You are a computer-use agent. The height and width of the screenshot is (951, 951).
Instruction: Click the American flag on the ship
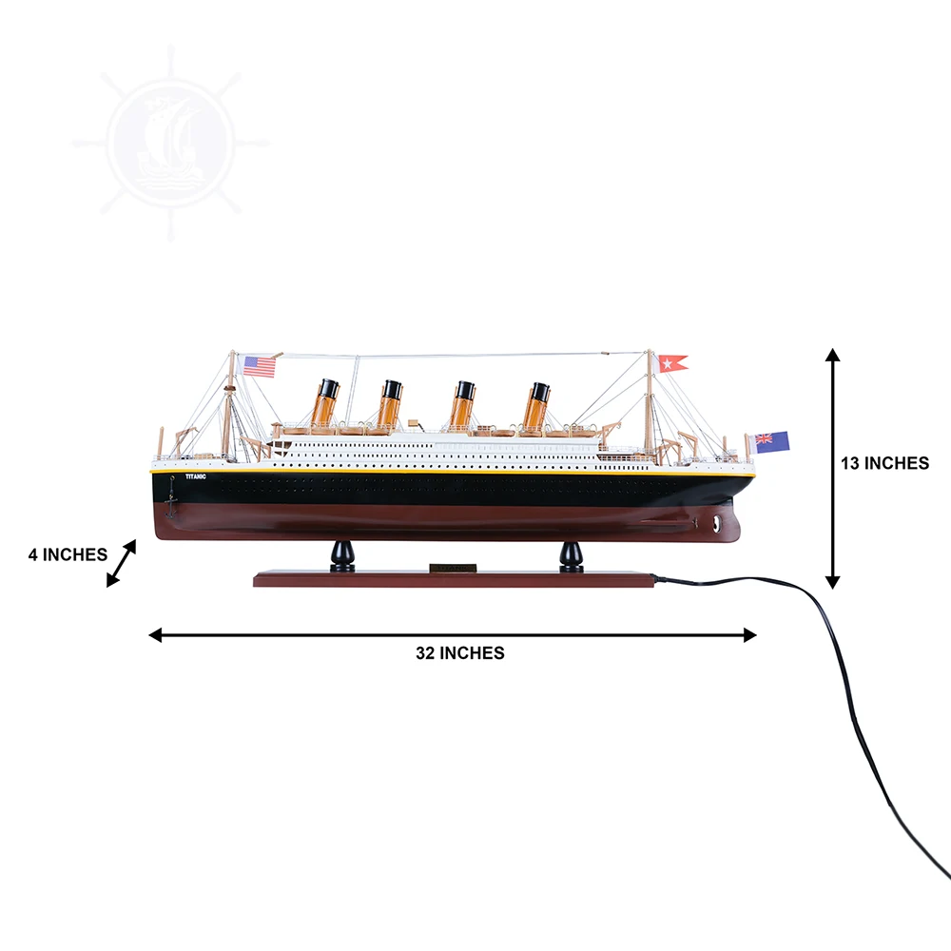click(259, 366)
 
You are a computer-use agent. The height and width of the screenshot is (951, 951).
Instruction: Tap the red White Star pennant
click(672, 362)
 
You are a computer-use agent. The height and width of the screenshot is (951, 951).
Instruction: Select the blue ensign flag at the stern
click(771, 441)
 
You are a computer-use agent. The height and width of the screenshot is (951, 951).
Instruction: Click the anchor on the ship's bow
click(171, 495)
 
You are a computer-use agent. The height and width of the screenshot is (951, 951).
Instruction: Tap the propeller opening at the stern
click(714, 521)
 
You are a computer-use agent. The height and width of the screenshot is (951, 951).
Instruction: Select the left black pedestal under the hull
click(342, 556)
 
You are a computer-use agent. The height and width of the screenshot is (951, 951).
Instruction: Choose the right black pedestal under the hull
click(571, 556)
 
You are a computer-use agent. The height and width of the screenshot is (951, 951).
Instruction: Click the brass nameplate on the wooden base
click(452, 569)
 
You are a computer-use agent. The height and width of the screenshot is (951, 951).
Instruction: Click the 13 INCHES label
click(884, 463)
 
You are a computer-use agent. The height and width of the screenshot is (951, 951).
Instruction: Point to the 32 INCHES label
click(459, 652)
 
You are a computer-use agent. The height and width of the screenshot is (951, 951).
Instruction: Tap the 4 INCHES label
click(68, 554)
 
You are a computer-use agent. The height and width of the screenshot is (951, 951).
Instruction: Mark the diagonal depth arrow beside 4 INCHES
click(121, 563)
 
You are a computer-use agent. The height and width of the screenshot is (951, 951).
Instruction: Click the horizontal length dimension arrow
click(453, 634)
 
